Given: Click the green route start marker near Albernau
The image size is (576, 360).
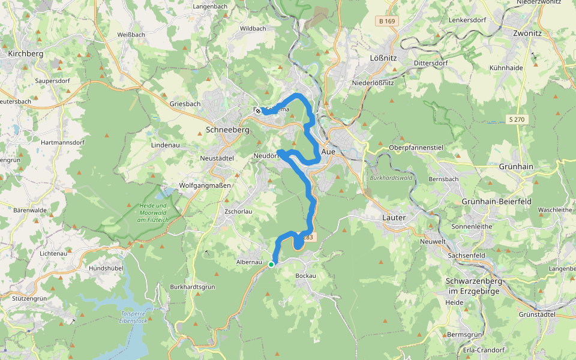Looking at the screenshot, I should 271,264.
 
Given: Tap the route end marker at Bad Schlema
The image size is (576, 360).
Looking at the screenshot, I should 257,110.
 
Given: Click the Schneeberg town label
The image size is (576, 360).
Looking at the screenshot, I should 227,130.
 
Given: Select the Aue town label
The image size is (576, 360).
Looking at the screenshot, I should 329,152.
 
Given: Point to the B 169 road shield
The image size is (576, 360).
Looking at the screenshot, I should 387,21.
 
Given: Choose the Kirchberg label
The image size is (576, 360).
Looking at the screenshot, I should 26,54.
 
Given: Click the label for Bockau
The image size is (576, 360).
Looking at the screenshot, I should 305,275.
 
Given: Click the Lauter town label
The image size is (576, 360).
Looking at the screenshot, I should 394,217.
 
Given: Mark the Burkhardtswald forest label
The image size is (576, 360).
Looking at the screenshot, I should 391,178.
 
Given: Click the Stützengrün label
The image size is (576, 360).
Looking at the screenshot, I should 29,298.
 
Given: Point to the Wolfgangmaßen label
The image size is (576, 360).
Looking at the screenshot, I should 205,185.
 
